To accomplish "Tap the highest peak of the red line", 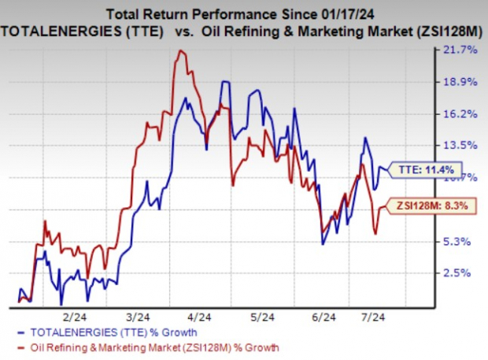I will point(182,51).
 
